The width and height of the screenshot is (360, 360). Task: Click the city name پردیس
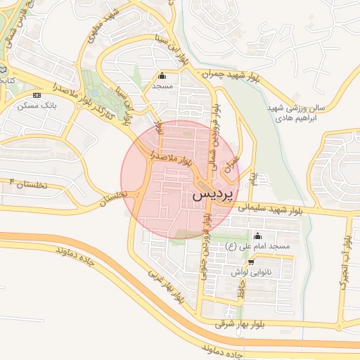[x=214, y=195]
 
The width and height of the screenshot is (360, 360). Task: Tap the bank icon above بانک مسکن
[x=37, y=95]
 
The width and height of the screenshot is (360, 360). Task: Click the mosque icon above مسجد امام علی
[x=257, y=236]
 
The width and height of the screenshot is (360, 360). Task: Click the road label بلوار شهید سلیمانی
[x=271, y=207]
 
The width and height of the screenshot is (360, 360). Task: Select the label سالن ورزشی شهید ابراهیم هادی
[x=296, y=114]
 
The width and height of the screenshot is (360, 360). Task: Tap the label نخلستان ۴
[x=27, y=184]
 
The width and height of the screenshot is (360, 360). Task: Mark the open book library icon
[x=3, y=70]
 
